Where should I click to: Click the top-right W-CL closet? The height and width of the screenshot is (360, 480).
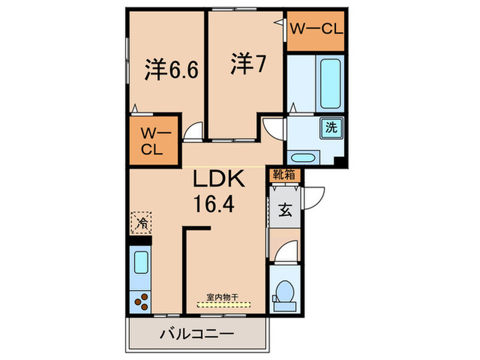pyautogui.click(x=315, y=30)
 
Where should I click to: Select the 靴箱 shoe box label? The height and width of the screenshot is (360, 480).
pyautogui.click(x=284, y=174)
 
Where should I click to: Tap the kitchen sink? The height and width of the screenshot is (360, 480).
pyautogui.click(x=141, y=263)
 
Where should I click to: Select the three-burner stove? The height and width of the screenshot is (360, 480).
pyautogui.click(x=141, y=300)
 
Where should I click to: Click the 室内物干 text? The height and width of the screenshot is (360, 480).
pyautogui.click(x=223, y=297)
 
